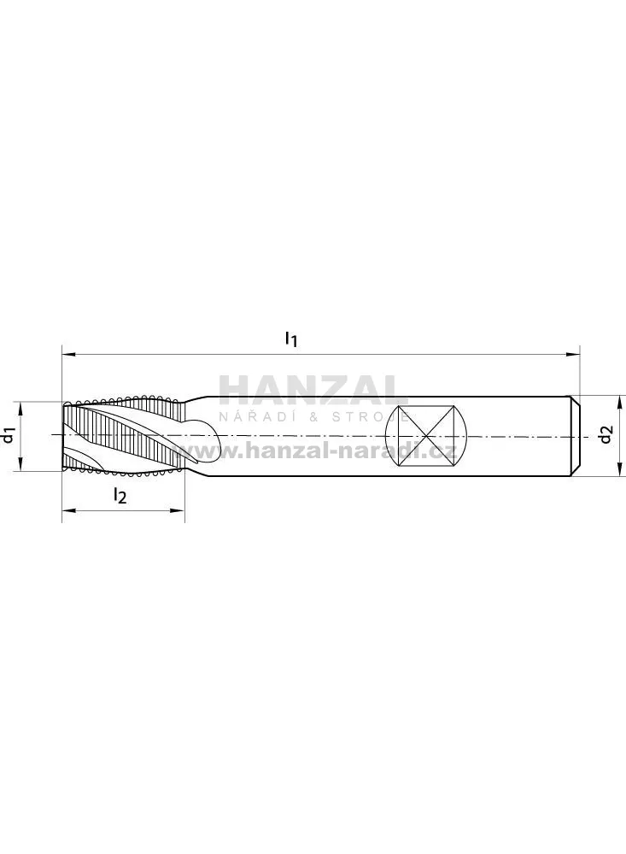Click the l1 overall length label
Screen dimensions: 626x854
[x=292, y=339]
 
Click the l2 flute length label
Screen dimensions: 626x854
[x=120, y=495]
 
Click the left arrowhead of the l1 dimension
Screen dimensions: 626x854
[x=69, y=355]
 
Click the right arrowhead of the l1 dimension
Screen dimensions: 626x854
[x=572, y=355]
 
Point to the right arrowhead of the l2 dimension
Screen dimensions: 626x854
[x=178, y=510]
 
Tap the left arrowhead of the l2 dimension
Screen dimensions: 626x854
[x=69, y=510]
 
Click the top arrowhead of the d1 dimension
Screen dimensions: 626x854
[x=20, y=409]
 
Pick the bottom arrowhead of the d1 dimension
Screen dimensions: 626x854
[x=20, y=463]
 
